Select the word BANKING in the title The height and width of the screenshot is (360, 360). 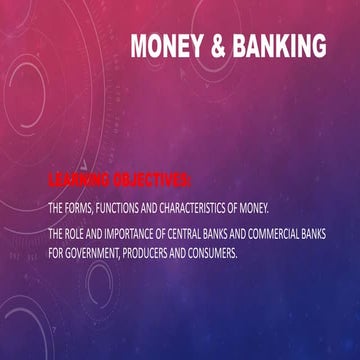point(282,47)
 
